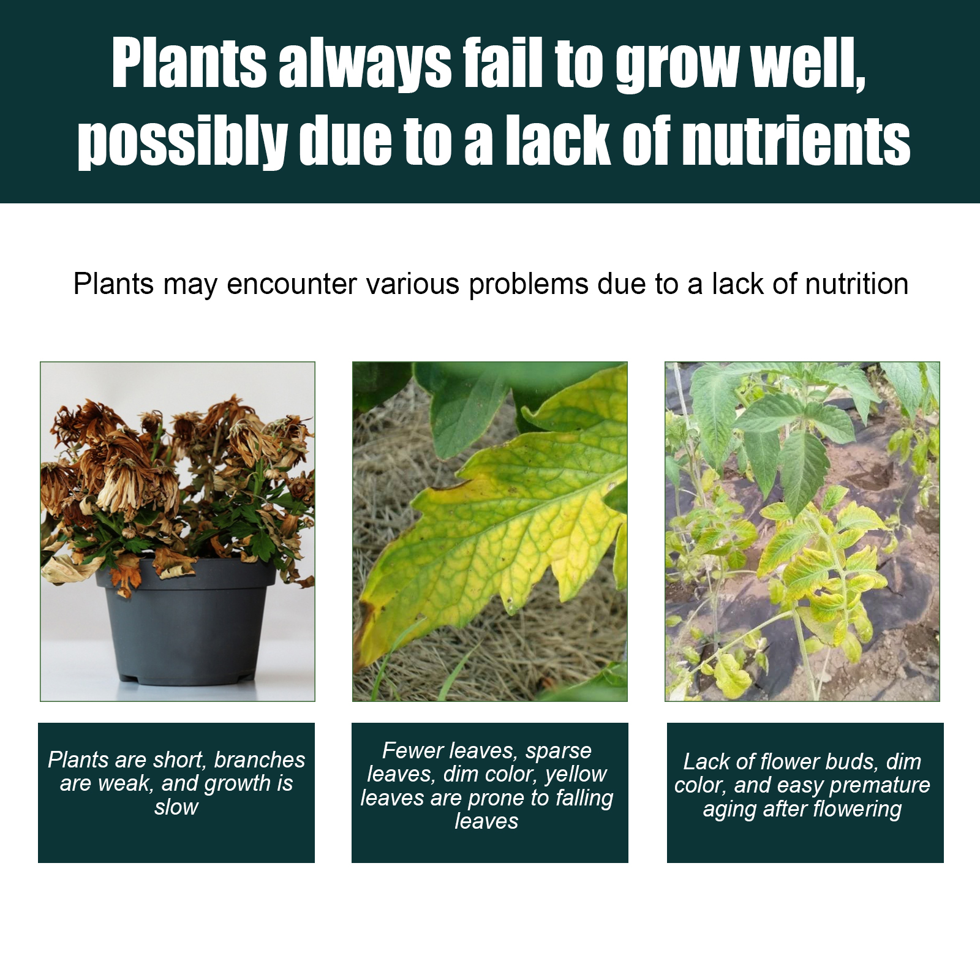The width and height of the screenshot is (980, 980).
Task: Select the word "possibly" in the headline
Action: [x=183, y=142]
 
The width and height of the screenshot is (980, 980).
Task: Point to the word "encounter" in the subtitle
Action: [x=292, y=285]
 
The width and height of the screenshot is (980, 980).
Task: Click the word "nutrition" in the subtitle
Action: [x=856, y=284]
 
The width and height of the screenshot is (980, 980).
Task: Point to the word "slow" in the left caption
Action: [x=176, y=807]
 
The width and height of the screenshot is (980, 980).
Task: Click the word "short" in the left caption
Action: [x=180, y=760]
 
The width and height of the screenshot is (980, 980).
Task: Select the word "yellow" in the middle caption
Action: [x=576, y=775]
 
